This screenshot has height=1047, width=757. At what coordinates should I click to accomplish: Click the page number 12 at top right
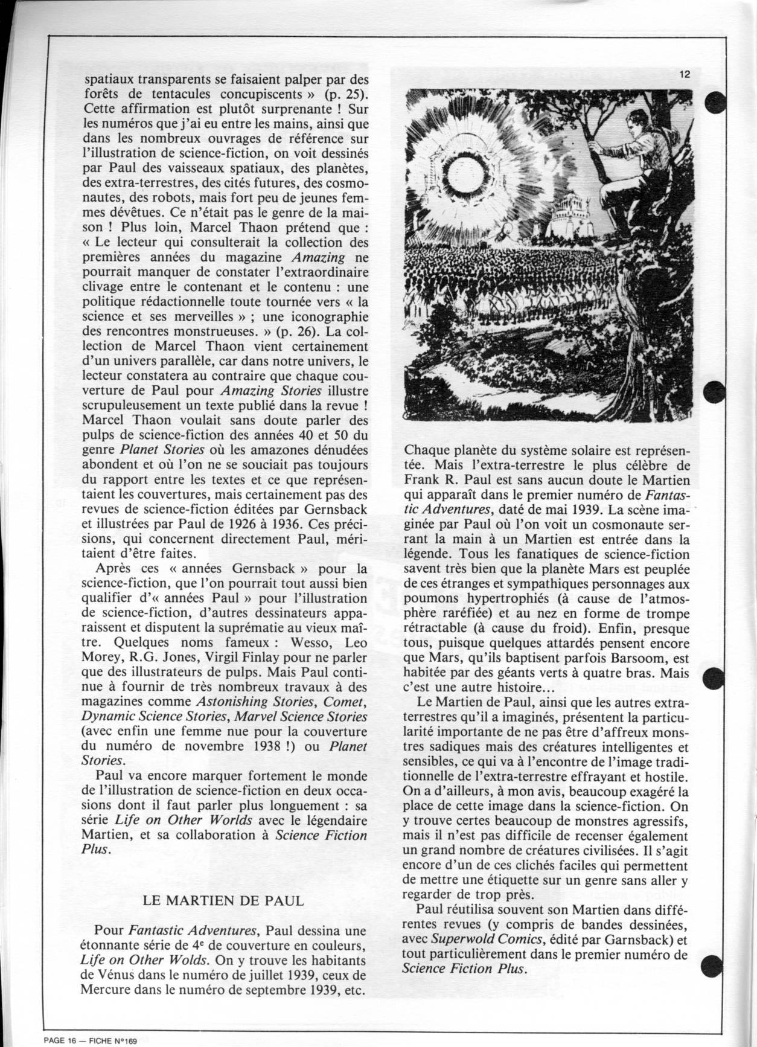pos(684,75)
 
